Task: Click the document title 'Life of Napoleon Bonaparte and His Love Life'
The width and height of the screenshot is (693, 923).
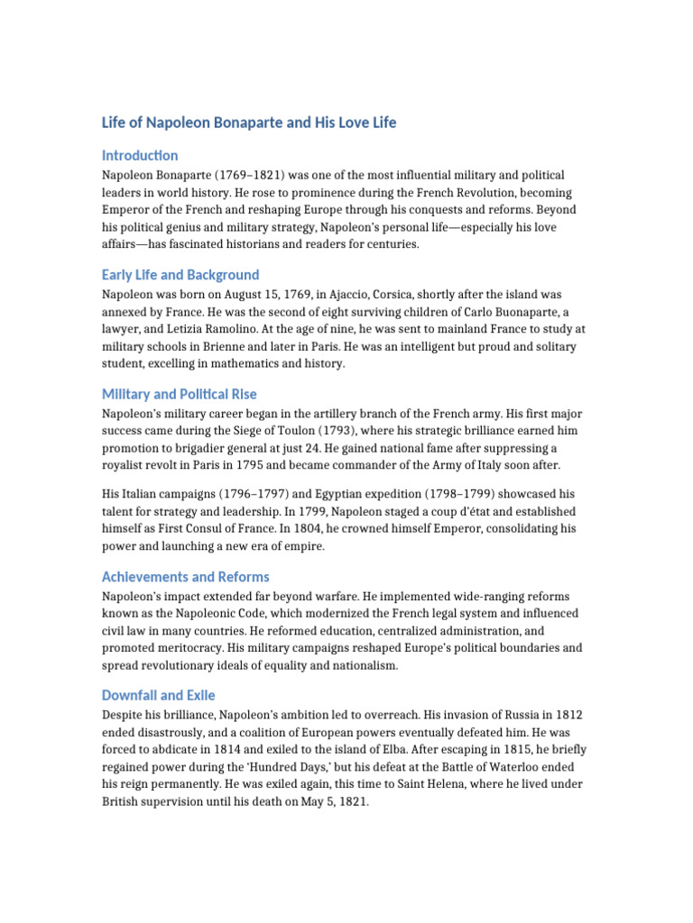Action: coord(248,123)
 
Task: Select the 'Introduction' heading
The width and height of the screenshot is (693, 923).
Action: coord(140,155)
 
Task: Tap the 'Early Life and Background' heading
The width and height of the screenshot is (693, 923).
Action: coord(180,275)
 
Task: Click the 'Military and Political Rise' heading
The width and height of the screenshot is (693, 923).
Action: coord(180,394)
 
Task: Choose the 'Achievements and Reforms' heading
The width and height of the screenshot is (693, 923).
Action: coord(186,577)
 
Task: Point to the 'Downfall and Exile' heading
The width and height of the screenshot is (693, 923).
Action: coord(159,696)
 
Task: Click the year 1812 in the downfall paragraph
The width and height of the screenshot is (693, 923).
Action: coord(566,716)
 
